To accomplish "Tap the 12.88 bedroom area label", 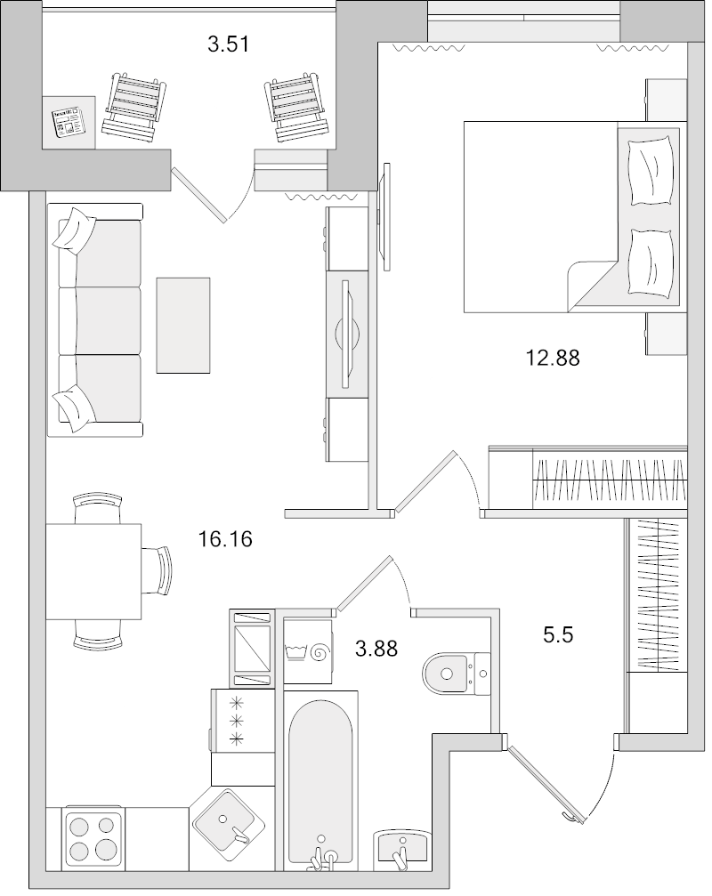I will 552,359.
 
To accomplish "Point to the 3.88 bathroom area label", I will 376,650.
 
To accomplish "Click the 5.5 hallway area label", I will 562,635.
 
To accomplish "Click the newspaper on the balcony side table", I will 69,123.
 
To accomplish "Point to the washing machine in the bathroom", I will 306,653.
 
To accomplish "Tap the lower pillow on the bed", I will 650,261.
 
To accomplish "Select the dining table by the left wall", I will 93,571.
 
